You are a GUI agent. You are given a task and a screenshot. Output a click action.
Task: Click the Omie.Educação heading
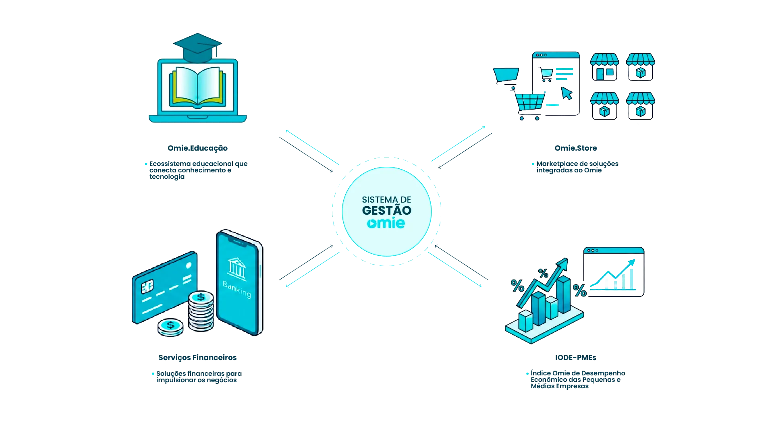[x=197, y=148]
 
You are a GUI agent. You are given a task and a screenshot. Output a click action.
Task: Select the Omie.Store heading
[x=576, y=148]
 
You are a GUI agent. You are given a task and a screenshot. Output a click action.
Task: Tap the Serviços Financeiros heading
[x=197, y=358]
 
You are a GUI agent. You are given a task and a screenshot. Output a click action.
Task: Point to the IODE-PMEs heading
[x=576, y=358]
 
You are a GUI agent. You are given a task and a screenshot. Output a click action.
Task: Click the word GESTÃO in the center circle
[x=387, y=210]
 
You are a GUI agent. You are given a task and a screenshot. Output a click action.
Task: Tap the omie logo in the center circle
[x=386, y=223]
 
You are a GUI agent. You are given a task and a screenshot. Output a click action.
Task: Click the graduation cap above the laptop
[x=197, y=48]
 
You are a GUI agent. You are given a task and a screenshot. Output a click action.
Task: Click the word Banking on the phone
[x=237, y=290]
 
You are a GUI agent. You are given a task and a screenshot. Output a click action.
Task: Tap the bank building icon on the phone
[x=237, y=269]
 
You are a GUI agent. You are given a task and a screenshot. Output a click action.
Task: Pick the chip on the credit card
[x=147, y=286]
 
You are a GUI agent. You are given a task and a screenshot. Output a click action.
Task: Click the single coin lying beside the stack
[x=170, y=327]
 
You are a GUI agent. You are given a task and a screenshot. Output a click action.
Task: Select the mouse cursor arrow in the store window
[x=566, y=93]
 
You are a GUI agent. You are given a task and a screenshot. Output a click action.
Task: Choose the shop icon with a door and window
[x=604, y=67]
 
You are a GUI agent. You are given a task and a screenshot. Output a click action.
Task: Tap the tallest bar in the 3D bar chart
[x=564, y=294]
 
